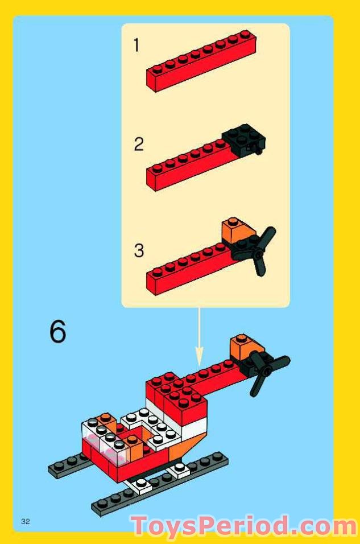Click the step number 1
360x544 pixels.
point(136,45)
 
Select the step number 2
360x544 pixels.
point(139,145)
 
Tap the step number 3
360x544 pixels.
point(139,250)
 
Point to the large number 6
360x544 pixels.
point(57,331)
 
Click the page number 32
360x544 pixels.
point(25,521)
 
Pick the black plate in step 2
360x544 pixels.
point(245,138)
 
